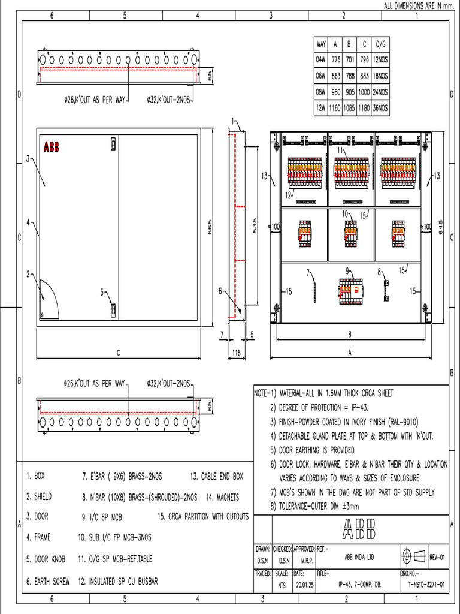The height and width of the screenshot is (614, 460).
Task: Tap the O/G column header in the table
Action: point(380,44)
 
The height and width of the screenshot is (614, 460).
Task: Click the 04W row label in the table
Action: point(320,60)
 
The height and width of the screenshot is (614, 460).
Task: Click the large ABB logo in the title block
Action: point(359,528)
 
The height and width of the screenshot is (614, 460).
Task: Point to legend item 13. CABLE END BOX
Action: point(217,477)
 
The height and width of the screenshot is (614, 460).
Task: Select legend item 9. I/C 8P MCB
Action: point(105,516)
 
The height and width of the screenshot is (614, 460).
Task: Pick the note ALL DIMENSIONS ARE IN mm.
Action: point(420,5)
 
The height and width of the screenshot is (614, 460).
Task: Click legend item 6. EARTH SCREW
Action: point(48,581)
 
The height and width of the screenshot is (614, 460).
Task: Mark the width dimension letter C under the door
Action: point(118,353)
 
